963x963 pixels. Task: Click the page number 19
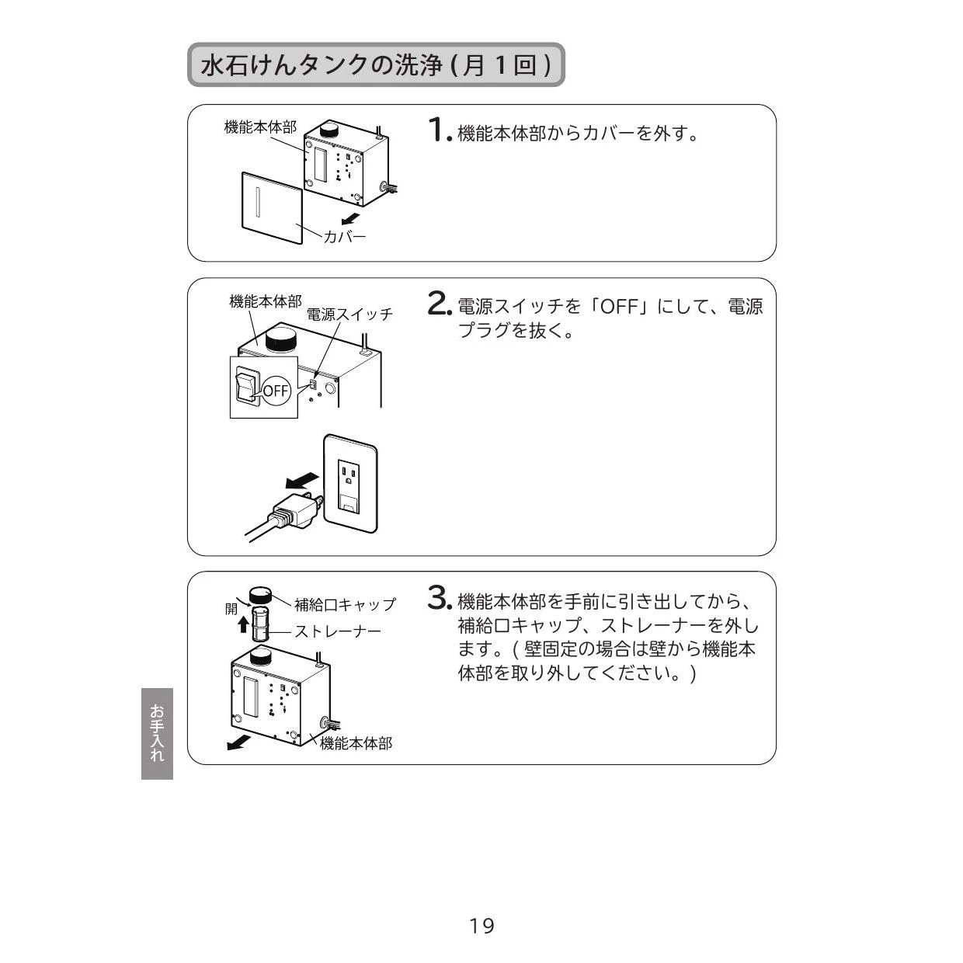[x=481, y=926]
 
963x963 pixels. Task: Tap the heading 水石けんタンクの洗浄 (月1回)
[x=376, y=65]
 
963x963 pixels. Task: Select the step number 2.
[x=440, y=304]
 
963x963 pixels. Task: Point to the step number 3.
[x=440, y=598]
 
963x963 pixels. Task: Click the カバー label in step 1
[x=344, y=236]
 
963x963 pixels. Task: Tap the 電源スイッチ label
[x=349, y=315]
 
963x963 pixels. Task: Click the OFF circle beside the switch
[x=276, y=391]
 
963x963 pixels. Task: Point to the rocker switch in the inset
[x=246, y=385]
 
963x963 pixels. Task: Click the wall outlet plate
[x=350, y=483]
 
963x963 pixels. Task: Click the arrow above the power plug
[x=302, y=480]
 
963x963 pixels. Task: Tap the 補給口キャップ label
[x=345, y=605]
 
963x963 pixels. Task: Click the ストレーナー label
[x=337, y=631]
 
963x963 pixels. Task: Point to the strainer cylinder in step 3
[x=260, y=624]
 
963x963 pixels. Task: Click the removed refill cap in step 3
[x=260, y=596]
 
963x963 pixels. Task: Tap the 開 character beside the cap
[x=231, y=609]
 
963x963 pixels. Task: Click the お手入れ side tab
[x=157, y=734]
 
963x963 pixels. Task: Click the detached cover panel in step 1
[x=272, y=208]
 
